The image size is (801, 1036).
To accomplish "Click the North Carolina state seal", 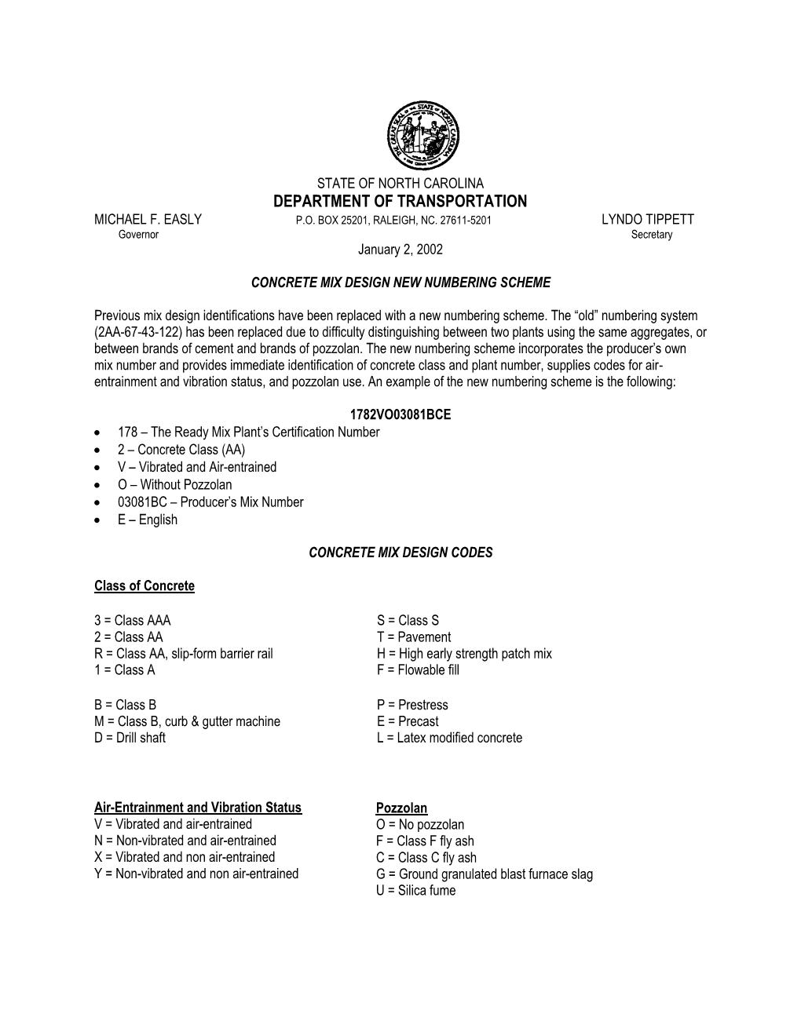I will point(422,135).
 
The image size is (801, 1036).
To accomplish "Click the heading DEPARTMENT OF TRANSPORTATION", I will point(400,202).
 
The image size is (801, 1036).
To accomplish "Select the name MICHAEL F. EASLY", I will point(148,220).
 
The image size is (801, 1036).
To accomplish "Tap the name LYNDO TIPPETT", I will point(647,220).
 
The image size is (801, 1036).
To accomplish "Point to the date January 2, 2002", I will point(400,250).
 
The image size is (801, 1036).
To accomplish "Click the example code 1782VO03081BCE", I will point(400,414).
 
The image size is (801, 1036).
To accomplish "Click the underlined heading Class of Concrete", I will point(144,586).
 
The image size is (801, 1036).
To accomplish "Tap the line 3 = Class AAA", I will point(132,621).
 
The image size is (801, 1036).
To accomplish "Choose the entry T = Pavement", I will point(414,637).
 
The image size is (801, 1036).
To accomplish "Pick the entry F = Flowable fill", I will point(418,670).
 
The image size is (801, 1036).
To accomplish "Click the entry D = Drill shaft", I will point(130,738).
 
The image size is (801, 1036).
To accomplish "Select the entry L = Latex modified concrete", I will point(449,738).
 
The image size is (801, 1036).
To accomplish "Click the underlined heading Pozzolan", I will point(401,808).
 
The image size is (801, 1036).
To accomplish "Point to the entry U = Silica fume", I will point(416,891).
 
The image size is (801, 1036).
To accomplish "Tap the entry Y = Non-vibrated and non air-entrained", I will point(196,874).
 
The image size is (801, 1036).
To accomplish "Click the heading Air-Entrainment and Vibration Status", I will point(198,808).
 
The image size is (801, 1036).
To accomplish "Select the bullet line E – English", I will point(148,520).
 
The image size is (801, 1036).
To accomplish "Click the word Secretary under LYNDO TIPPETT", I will point(652,235).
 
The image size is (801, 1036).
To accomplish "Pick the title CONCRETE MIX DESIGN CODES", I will point(400,553).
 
